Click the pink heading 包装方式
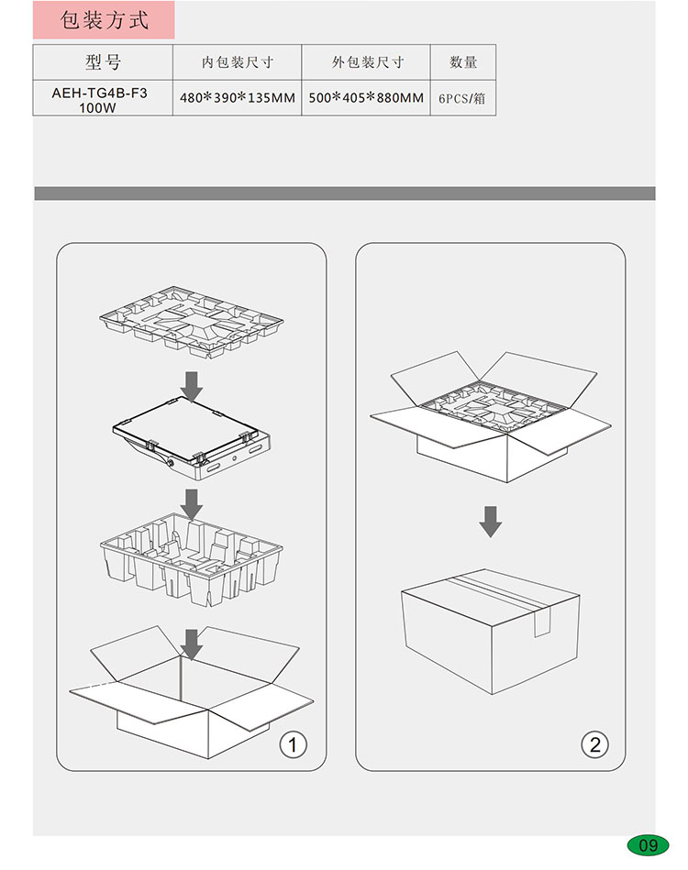click(104, 20)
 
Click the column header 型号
click(103, 62)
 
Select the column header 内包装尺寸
click(237, 62)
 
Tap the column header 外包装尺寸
click(367, 62)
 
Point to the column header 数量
click(463, 62)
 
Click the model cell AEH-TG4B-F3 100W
click(99, 100)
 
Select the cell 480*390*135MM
click(237, 98)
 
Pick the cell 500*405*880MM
click(366, 98)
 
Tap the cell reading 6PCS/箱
click(462, 99)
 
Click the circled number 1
click(294, 744)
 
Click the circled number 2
click(594, 744)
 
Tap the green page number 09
click(648, 845)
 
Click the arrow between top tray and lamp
click(192, 387)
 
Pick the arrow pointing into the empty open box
click(192, 644)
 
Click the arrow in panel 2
click(491, 522)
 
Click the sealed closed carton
click(491, 632)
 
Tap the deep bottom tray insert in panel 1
click(192, 559)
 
